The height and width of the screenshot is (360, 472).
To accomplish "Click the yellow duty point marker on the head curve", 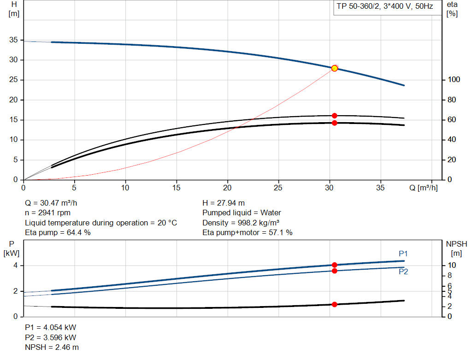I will click(335, 68).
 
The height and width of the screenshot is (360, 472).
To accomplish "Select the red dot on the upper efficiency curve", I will click(335, 116).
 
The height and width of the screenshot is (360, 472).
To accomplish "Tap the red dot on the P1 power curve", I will click(335, 265).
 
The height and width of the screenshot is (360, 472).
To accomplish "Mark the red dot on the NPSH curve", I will click(335, 304).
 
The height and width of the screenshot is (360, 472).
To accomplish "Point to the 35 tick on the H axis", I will click(13, 40).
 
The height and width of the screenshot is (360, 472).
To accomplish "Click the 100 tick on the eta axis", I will click(454, 80).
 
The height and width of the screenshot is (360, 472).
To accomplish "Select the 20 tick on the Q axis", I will click(227, 188).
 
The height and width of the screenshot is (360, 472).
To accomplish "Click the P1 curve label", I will click(403, 254).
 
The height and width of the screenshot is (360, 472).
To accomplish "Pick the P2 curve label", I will click(403, 271).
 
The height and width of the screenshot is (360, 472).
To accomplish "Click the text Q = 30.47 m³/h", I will click(54, 203).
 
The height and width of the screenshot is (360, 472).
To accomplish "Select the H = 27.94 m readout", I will click(224, 203).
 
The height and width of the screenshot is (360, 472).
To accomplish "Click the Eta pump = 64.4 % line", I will click(58, 233).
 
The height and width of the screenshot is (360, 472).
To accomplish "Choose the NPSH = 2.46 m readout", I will click(52, 347).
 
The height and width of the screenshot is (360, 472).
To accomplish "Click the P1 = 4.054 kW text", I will click(51, 327).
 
